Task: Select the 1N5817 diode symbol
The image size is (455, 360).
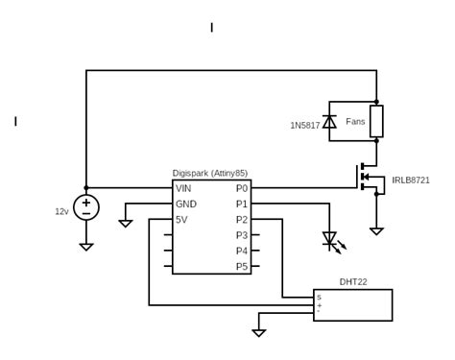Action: click(x=329, y=122)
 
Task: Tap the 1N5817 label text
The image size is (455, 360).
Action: click(x=304, y=126)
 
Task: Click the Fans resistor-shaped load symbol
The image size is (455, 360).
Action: click(x=376, y=121)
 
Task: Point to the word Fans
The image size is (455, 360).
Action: click(x=355, y=122)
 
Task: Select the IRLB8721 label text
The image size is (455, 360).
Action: click(x=411, y=180)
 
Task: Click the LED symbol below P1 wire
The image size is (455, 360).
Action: click(x=330, y=240)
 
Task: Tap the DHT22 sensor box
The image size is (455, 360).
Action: click(x=353, y=305)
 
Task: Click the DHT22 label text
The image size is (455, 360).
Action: click(x=353, y=282)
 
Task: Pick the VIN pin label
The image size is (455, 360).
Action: click(x=183, y=189)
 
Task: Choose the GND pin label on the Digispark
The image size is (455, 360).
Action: click(x=185, y=204)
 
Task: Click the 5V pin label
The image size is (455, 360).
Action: click(x=181, y=220)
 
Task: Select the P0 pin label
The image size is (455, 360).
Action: click(x=242, y=189)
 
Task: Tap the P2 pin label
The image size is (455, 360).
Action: click(x=242, y=220)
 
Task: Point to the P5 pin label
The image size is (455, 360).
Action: click(x=242, y=266)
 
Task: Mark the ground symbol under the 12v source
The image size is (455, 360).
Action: click(x=86, y=247)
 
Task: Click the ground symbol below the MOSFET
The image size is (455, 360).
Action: click(x=376, y=230)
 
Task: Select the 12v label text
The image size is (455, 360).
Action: click(x=61, y=211)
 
